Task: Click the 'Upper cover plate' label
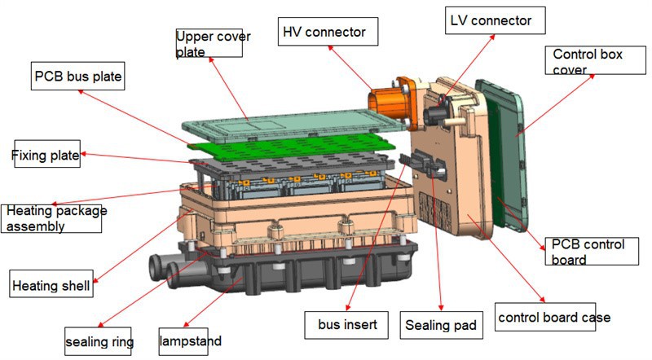[209, 42]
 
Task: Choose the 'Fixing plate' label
[46, 155]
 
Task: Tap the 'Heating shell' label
[51, 285]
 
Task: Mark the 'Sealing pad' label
[441, 326]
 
